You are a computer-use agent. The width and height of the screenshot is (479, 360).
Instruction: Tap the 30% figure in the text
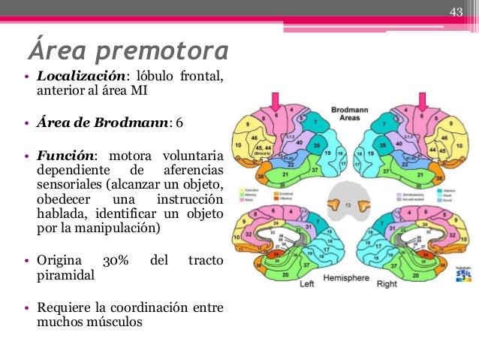(116, 262)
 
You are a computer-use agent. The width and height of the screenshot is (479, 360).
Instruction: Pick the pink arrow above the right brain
(423, 101)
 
